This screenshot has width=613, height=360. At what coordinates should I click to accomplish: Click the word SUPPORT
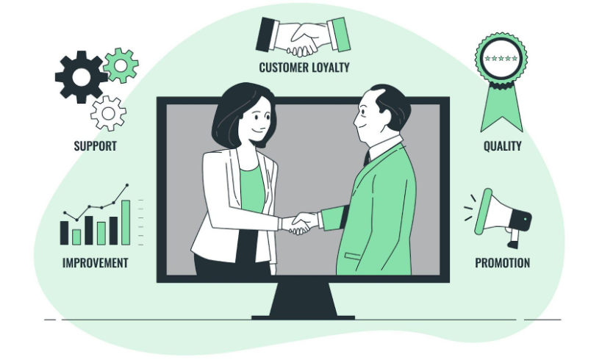pos(96,145)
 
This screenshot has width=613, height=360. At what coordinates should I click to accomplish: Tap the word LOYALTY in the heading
pos(331,68)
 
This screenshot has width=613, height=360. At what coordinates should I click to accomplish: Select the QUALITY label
pos(502,145)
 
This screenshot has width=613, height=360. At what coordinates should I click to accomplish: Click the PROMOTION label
pos(502,263)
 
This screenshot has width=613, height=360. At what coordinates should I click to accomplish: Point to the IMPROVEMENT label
pos(96,263)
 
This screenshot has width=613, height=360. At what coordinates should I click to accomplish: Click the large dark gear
pos(81,77)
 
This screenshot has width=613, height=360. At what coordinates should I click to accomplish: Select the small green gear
pos(121,65)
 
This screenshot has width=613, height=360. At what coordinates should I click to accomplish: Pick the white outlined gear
pos(108,113)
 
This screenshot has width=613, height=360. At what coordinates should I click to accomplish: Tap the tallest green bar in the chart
pos(126,223)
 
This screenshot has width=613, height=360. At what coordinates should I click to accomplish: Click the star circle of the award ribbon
pos(501,58)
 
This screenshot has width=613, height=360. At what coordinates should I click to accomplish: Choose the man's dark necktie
pos(367,158)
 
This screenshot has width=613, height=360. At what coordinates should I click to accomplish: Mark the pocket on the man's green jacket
pos(352,256)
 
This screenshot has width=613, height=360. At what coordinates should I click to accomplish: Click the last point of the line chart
pos(127,184)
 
